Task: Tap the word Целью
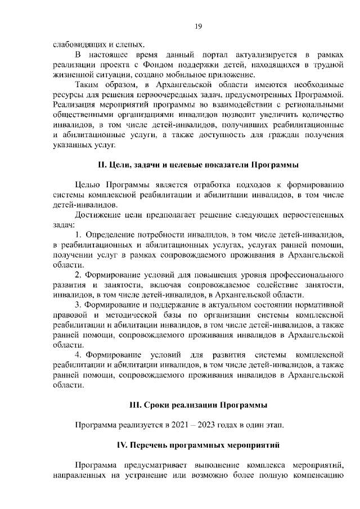86,184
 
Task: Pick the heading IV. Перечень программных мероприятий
198,445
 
